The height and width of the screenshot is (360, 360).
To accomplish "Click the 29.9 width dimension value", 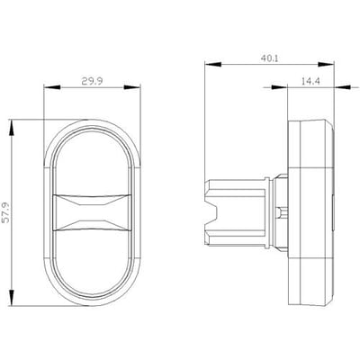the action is (x=92, y=81).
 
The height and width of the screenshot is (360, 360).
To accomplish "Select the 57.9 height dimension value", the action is (x=6, y=212).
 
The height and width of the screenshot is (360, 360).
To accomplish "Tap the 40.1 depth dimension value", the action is (x=269, y=58).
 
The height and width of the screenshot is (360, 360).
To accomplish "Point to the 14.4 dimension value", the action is (x=310, y=81).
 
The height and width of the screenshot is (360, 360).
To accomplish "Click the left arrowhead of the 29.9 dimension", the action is (x=52, y=87).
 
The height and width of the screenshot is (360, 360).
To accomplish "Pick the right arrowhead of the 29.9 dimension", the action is (x=132, y=87).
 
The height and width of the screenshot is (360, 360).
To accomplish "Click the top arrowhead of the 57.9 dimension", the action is (x=11, y=128).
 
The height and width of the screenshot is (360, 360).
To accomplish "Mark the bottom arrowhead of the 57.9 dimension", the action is (x=11, y=298).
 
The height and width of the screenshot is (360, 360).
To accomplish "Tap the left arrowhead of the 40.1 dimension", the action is (x=212, y=65).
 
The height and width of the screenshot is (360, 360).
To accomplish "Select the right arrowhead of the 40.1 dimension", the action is (x=326, y=65).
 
